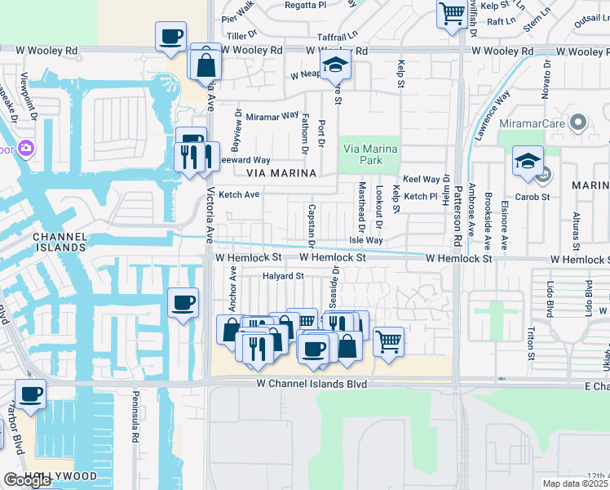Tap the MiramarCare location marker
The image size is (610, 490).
click(579, 122)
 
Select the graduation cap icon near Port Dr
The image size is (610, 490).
click(334, 65)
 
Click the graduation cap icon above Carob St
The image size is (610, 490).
click(528, 161)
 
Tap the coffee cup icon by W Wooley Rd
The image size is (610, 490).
click(170, 37)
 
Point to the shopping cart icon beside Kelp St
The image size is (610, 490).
click(451, 13)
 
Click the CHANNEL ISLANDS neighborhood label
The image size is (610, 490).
click(59, 242)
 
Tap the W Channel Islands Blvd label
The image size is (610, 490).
click(311, 383)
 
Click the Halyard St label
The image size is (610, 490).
click(282, 276)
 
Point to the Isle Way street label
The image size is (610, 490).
click(365, 240)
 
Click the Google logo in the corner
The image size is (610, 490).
click(27, 480)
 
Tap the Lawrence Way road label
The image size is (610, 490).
click(493, 105)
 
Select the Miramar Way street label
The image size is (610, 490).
click(272, 116)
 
